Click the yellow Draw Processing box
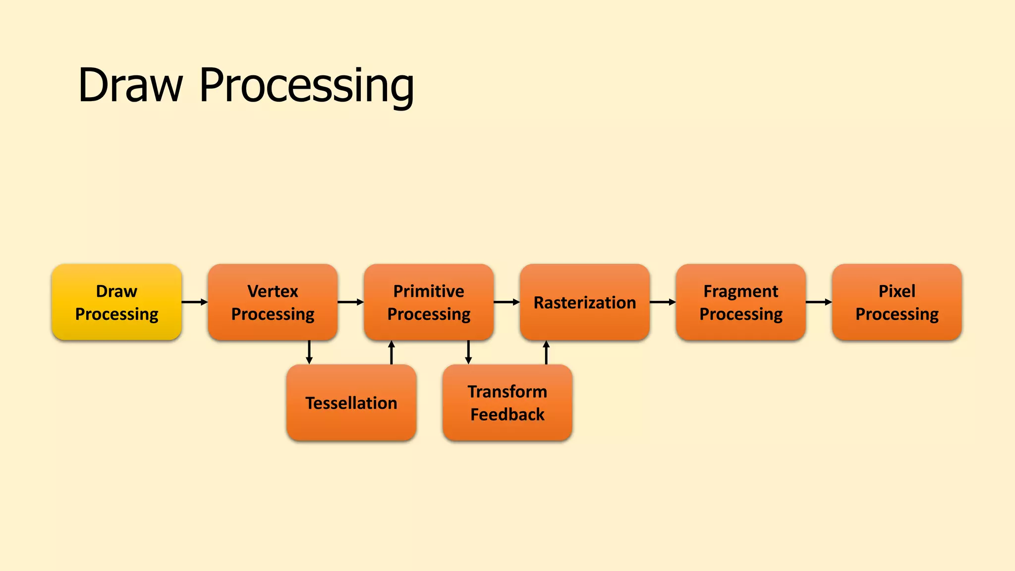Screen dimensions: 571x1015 [x=116, y=302]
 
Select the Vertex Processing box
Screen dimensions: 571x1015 [x=273, y=302]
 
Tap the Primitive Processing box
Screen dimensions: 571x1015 [x=429, y=302]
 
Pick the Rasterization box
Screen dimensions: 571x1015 [x=585, y=302]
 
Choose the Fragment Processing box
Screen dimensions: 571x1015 [x=741, y=302]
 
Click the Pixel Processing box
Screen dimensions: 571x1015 [x=897, y=302]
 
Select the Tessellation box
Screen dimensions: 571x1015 [x=351, y=402]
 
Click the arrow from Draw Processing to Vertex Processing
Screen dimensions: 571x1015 [x=195, y=302]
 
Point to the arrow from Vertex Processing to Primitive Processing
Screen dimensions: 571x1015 [x=351, y=302]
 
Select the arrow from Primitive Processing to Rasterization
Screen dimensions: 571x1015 [x=507, y=302]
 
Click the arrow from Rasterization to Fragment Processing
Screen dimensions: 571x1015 [x=663, y=302]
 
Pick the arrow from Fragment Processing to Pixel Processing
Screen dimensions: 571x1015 [x=819, y=302]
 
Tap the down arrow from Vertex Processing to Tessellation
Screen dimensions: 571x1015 [x=309, y=352]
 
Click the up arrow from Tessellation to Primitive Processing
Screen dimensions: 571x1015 [x=392, y=352]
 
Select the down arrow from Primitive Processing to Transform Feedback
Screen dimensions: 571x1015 [x=468, y=352]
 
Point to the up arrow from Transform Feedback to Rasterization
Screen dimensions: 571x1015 [x=546, y=352]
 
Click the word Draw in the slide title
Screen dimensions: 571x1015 [x=130, y=85]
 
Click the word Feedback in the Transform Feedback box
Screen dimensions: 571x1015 [x=507, y=414]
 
